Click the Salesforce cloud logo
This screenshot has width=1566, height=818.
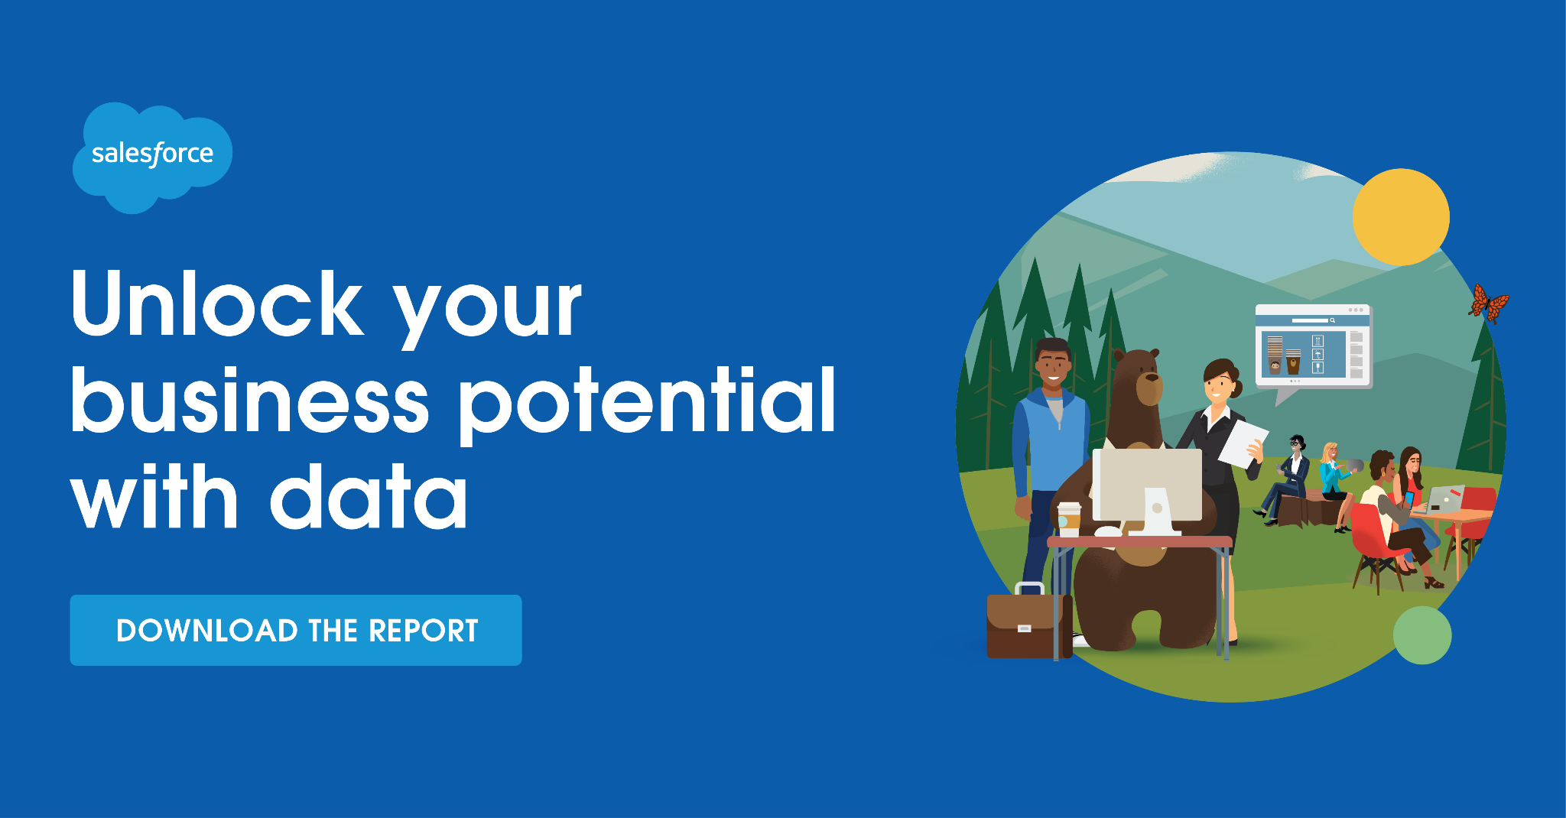point(152,157)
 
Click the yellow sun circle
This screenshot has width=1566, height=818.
point(1401,217)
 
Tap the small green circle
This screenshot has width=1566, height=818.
point(1422,635)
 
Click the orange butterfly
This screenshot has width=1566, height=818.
point(1488,304)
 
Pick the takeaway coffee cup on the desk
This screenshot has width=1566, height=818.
point(1069,519)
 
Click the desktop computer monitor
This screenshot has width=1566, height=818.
point(1148,489)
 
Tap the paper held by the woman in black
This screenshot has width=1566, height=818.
point(1243,443)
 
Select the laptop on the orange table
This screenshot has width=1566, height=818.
point(1443,499)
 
